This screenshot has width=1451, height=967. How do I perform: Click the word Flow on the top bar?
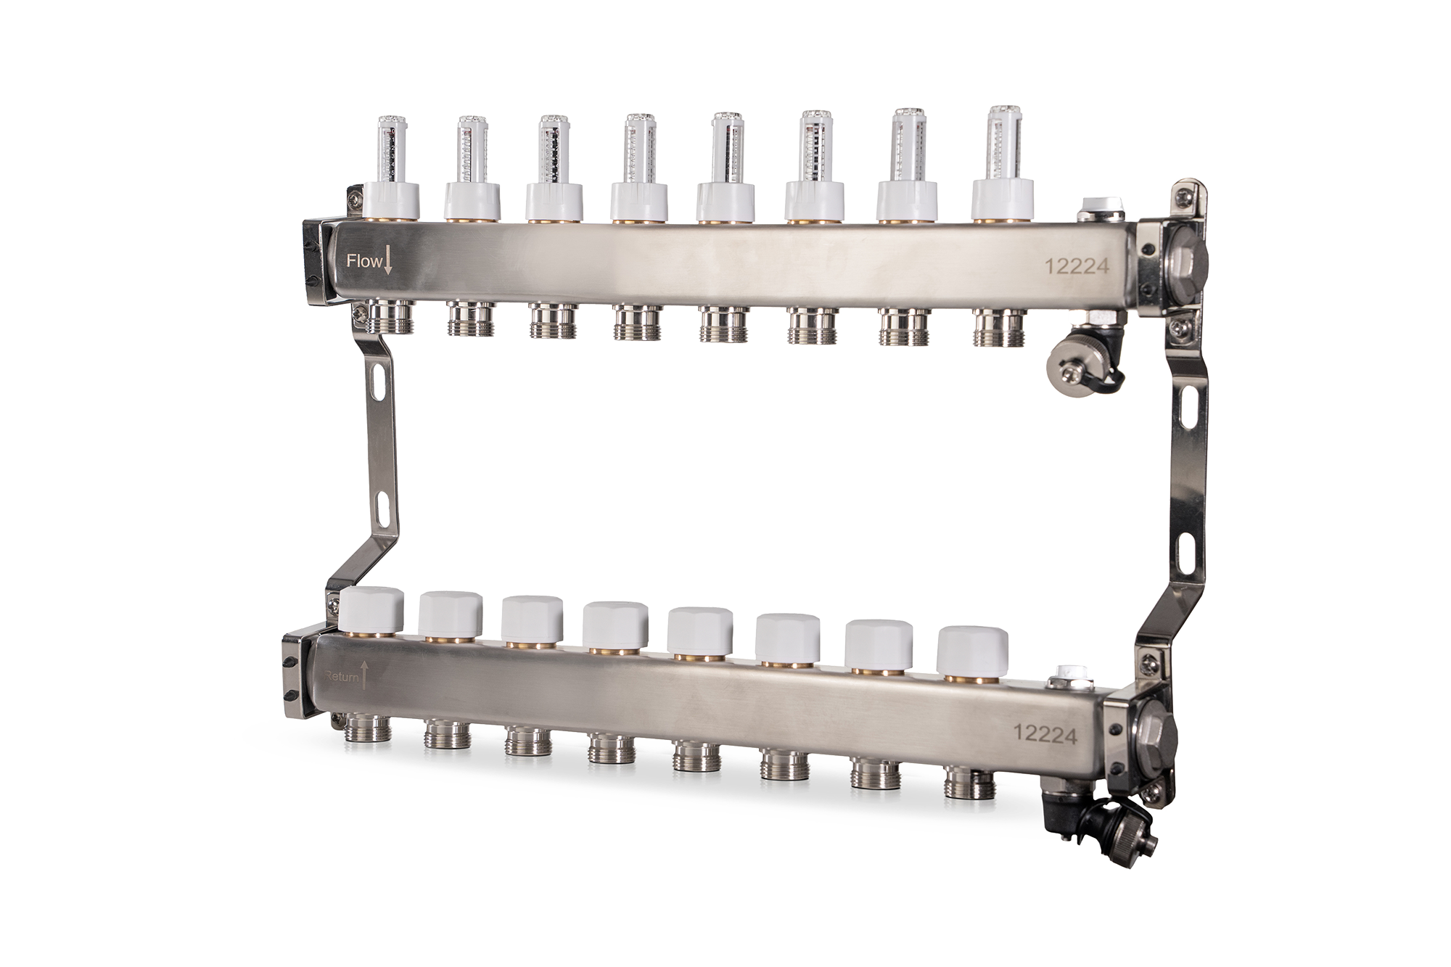363,261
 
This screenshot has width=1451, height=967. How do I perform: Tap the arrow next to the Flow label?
388,260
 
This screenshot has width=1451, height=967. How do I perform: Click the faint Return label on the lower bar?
341,678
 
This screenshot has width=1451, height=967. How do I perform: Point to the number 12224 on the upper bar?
1077,267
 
